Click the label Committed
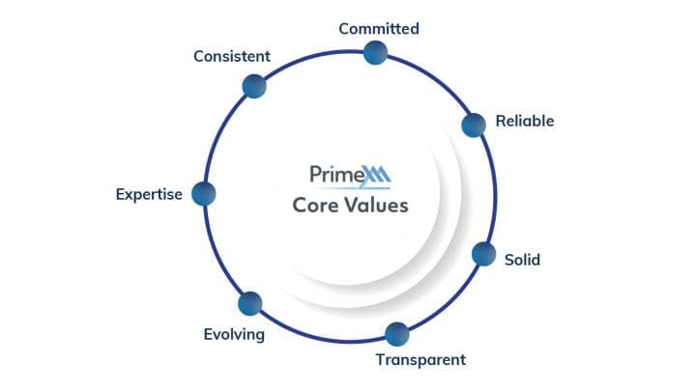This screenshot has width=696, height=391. coord(379,29)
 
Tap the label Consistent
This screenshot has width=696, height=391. coord(232,56)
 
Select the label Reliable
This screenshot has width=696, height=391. coord(525,121)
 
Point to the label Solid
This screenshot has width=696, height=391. coord(522,260)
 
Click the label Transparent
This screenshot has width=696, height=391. coord(420,359)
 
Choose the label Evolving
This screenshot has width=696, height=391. coord(234,334)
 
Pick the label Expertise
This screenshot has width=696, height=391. coord(149,194)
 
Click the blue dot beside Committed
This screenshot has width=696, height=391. coord(375,53)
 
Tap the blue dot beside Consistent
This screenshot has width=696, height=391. coord(254,86)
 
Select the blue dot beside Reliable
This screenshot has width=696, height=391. coord(474,125)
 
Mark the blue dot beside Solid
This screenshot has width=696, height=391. coord(484,255)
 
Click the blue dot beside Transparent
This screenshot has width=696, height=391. coord(397,334)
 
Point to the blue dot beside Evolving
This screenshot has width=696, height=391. coord(250,304)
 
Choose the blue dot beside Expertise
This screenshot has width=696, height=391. coord(204,194)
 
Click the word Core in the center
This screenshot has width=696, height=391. coord(315,206)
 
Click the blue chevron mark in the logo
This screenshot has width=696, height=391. coord(376,175)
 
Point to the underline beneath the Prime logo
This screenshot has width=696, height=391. coord(351,188)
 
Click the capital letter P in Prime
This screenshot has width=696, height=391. coord(315,174)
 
